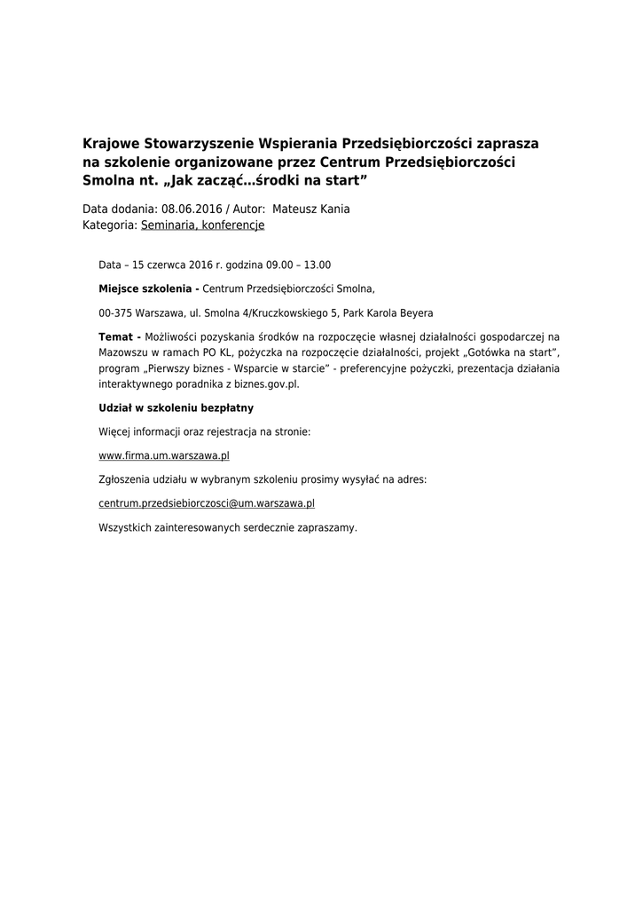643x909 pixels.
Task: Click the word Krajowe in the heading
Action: tap(110, 143)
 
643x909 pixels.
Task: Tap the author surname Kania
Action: tap(333, 209)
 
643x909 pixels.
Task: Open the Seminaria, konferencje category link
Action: tap(202, 225)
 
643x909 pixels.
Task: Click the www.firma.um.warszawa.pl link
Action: tap(164, 455)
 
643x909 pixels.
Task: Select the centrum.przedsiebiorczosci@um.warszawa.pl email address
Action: tap(207, 503)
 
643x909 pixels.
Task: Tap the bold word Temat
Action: tap(116, 337)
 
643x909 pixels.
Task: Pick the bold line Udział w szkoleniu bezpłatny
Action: tap(176, 407)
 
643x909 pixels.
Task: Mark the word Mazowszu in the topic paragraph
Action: tap(122, 353)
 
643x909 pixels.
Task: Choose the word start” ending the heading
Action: tap(342, 180)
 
